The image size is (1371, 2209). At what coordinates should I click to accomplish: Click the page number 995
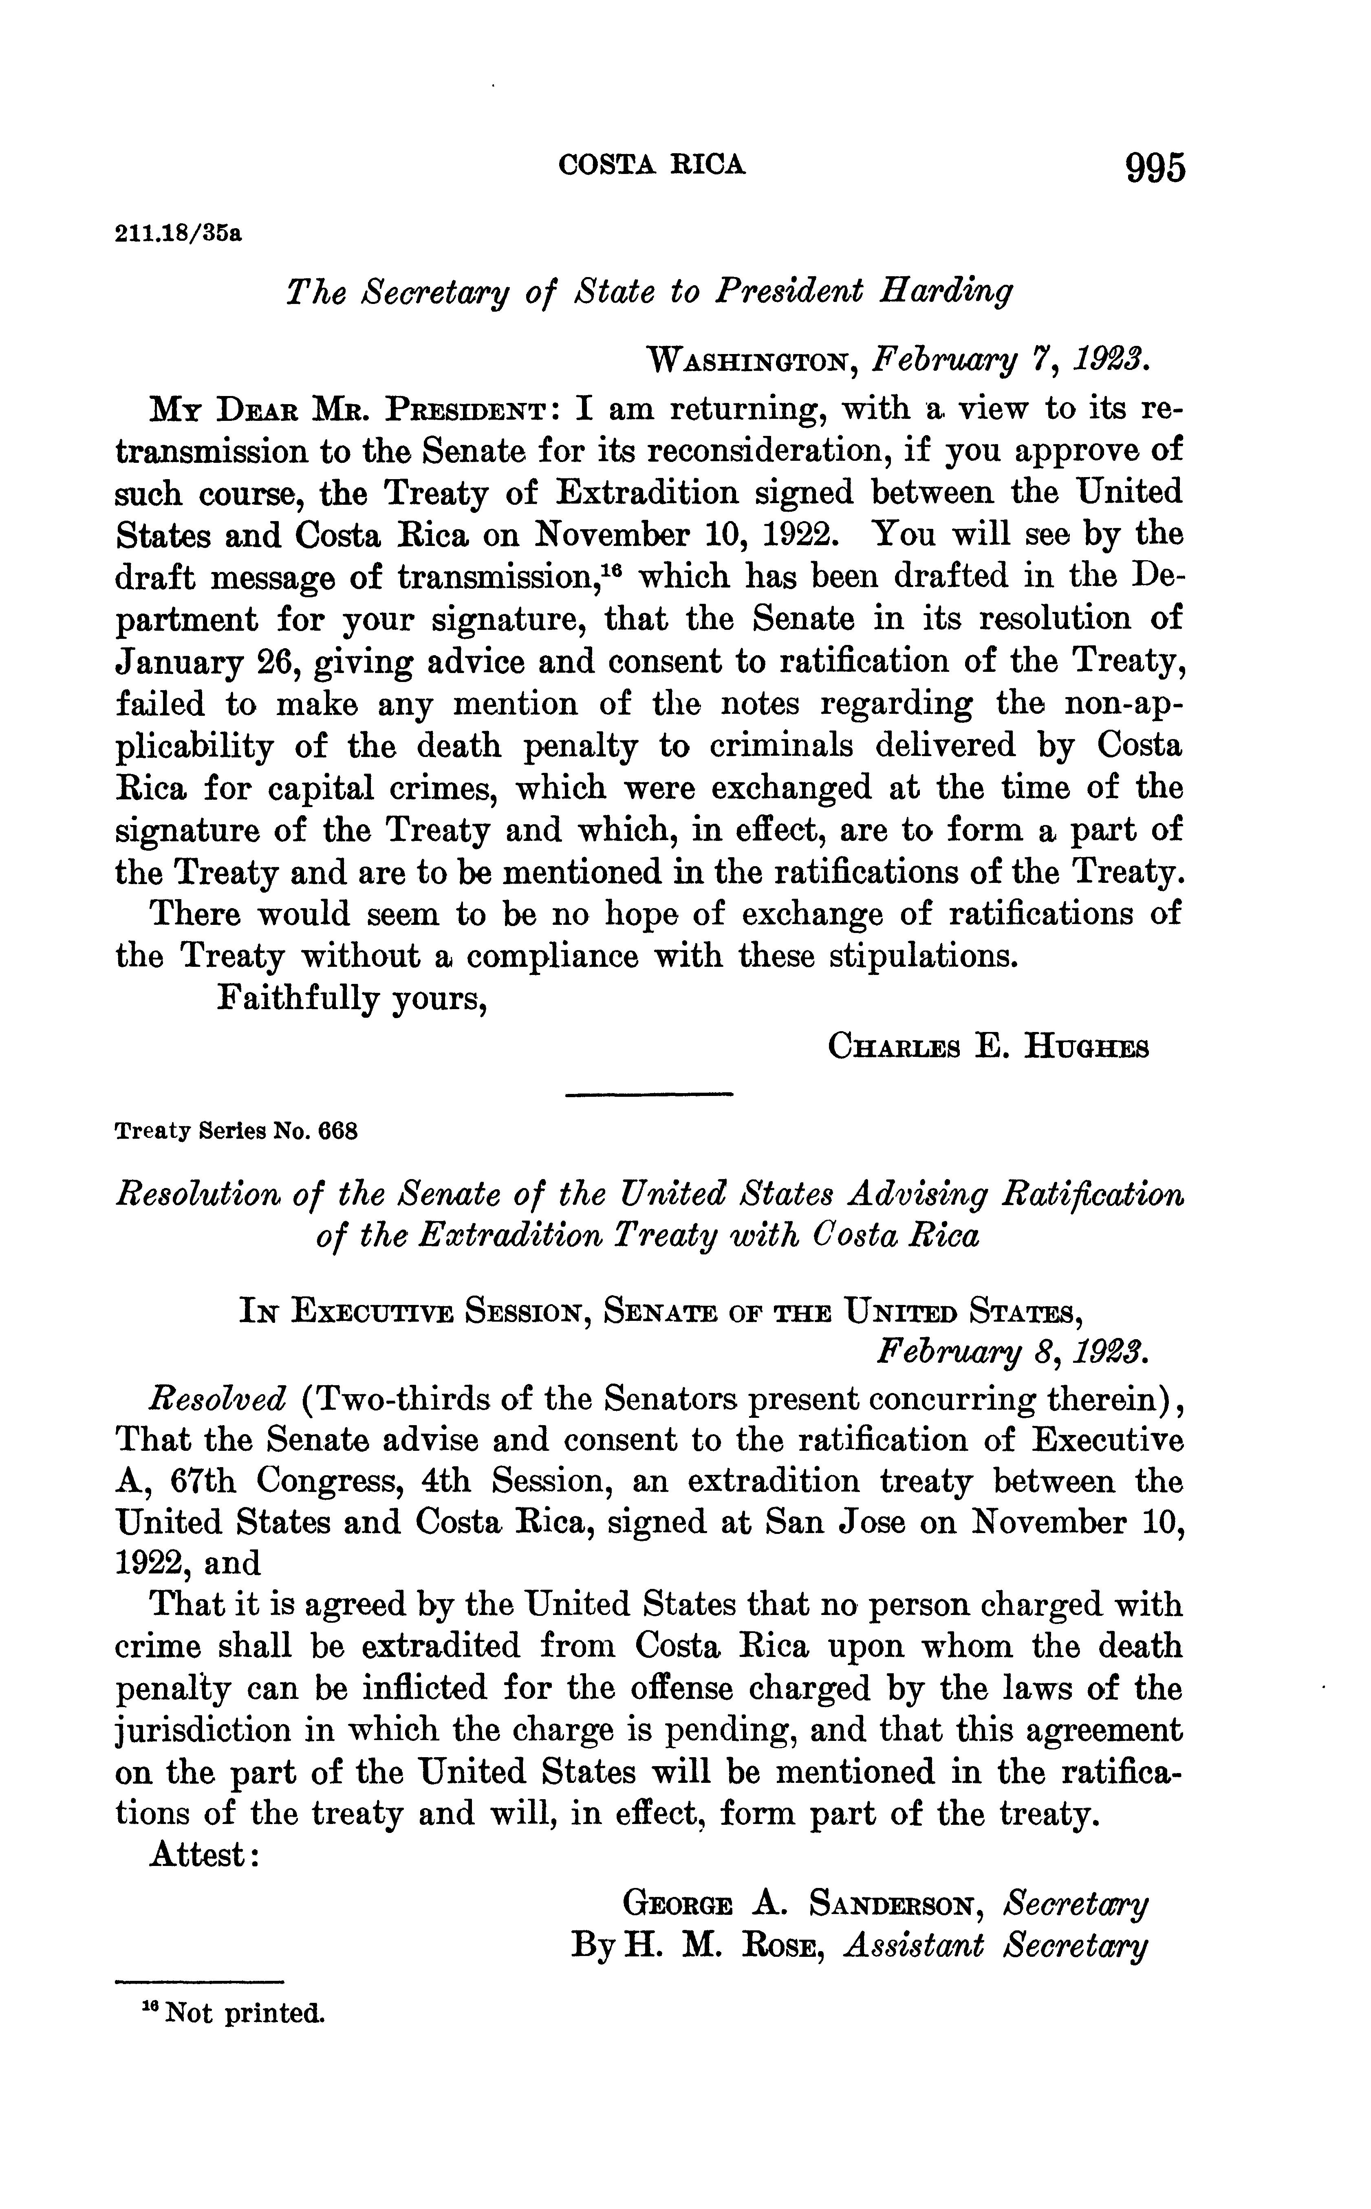pos(1154,169)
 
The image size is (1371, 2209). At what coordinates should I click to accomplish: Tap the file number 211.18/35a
pos(179,235)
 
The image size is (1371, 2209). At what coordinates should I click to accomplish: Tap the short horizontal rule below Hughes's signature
pos(648,1097)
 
